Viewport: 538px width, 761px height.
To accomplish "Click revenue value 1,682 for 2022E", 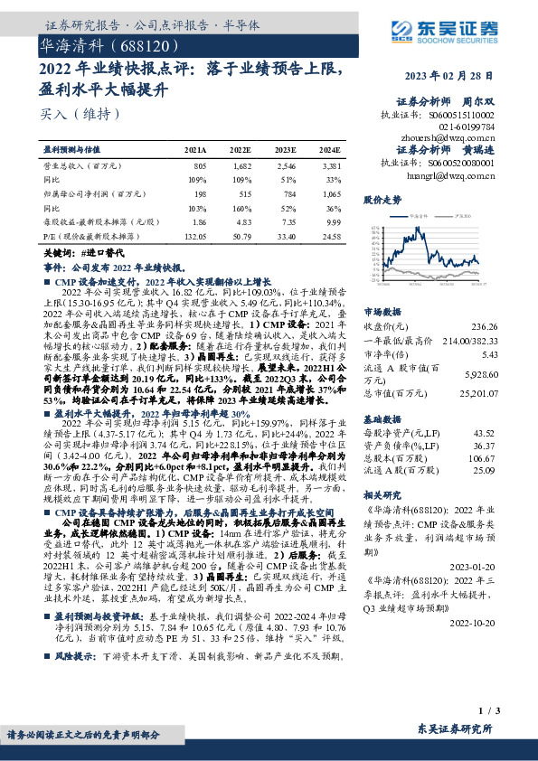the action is (241, 166).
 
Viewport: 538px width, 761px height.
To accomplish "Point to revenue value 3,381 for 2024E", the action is (330, 166).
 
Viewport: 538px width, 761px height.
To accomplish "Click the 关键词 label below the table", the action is (61, 255).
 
